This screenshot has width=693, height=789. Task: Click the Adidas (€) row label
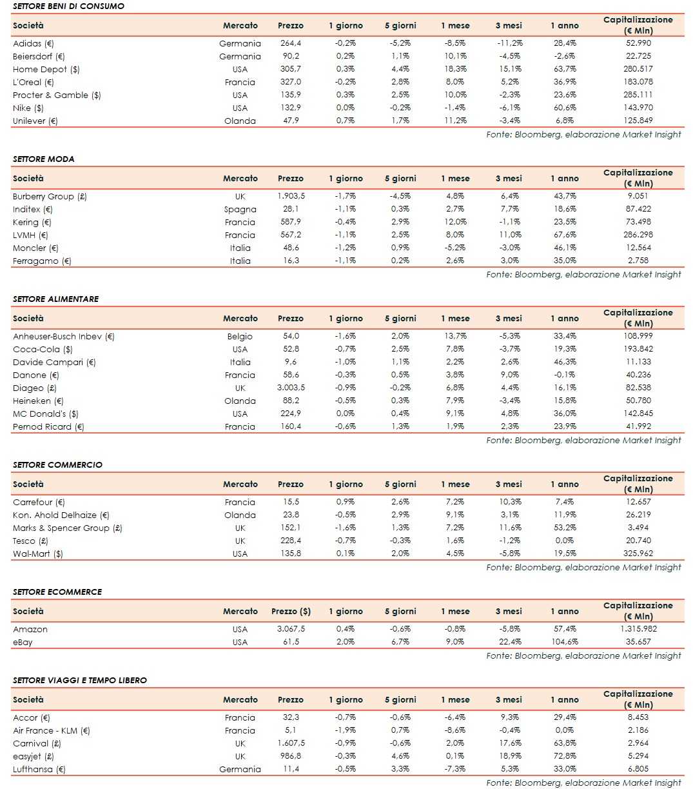coord(34,44)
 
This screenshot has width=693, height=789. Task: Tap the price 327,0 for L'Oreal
coord(290,82)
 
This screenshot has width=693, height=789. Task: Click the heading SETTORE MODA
coord(44,159)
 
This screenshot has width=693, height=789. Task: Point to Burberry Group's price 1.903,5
coord(291,196)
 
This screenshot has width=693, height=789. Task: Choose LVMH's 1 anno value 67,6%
coord(564,235)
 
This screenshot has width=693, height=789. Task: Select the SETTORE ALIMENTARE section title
coord(56,299)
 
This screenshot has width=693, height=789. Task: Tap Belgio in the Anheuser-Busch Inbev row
coord(240,336)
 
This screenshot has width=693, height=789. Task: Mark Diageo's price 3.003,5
coord(291,388)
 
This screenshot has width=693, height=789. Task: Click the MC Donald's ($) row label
coord(46,414)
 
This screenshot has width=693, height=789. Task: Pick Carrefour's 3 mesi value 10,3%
coord(509,502)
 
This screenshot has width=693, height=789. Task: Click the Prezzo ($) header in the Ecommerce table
coord(291,612)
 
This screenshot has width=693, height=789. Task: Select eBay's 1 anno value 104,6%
coord(564,642)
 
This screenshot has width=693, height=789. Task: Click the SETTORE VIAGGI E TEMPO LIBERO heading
coord(80,680)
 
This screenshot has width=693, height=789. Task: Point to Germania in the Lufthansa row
coord(240,769)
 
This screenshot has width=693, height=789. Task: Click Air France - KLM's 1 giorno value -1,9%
coord(346,730)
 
